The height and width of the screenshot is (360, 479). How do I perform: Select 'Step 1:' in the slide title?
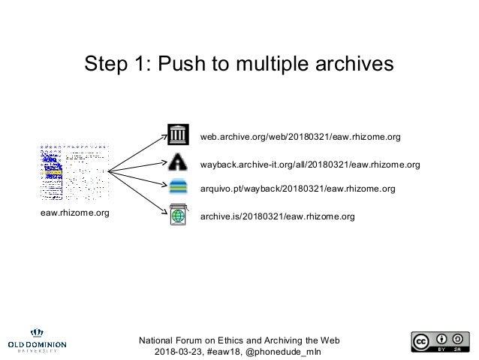tap(116, 65)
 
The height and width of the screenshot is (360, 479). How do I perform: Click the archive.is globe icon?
tap(179, 215)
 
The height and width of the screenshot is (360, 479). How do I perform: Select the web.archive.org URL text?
tap(300, 138)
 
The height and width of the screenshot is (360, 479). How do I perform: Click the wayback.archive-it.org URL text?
tap(310, 164)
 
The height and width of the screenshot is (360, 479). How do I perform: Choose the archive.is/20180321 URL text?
tap(278, 216)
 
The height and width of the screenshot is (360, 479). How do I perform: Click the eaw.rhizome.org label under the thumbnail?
tap(74, 213)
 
